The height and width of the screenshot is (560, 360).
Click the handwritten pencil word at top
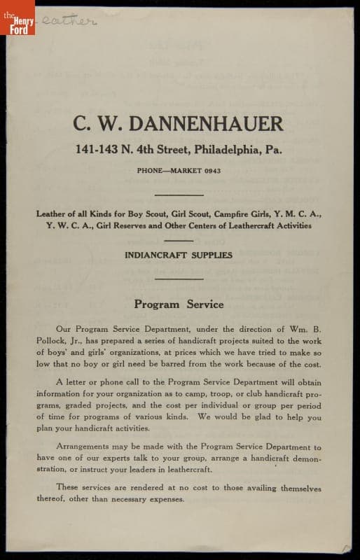pos(67,21)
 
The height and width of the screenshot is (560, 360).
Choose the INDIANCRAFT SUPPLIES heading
pos(179,255)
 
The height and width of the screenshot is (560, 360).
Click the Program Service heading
pos(179,304)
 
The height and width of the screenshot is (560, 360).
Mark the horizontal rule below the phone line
pos(179,195)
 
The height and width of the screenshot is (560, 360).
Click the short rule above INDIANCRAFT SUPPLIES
pos(179,240)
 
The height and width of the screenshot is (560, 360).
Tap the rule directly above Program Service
pos(179,279)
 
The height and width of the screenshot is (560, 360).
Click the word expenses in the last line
pos(162,499)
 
